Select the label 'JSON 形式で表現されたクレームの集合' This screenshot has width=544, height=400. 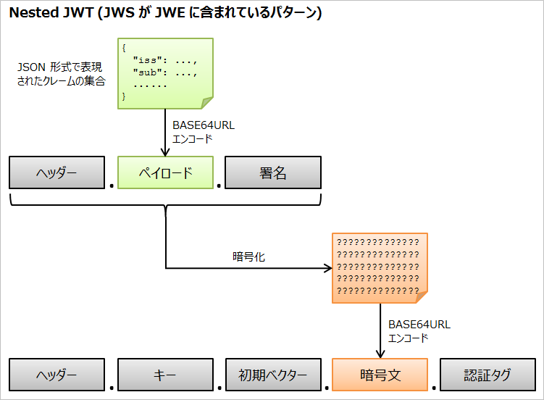point(62,74)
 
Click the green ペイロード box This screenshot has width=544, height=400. point(166,173)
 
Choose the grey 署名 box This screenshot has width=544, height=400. point(272,173)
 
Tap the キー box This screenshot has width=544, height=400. point(166,375)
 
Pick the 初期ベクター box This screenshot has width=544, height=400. point(272,375)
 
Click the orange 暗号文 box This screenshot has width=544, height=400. point(380,375)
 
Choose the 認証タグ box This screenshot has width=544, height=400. point(487,375)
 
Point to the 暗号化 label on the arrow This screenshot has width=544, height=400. point(248,257)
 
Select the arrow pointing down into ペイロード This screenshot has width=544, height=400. point(166,134)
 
